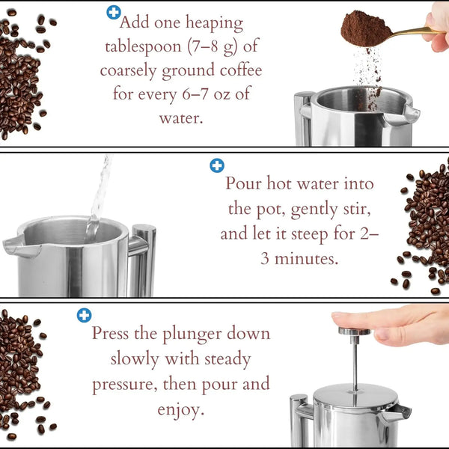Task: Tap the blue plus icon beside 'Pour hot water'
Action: (217, 165)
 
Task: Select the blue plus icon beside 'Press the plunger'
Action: (84, 315)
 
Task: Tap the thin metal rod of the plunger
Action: (355, 359)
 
